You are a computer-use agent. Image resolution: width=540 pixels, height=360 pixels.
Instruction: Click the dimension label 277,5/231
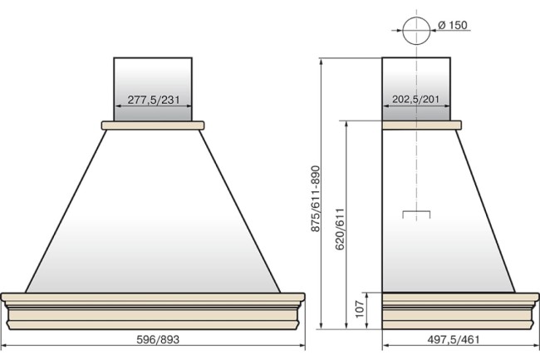(154, 100)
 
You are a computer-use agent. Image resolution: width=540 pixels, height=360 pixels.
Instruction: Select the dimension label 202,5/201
(415, 99)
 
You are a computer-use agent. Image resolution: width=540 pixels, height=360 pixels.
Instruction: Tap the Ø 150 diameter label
(453, 25)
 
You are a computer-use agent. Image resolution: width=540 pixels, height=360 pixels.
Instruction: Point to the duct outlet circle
(416, 17)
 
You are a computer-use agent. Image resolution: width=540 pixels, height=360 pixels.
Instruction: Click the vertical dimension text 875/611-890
(316, 199)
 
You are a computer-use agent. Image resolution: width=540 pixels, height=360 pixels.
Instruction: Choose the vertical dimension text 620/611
(340, 229)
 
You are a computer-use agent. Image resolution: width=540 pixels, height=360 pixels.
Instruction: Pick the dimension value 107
(359, 309)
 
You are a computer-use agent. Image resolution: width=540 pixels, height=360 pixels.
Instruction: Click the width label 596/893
(158, 340)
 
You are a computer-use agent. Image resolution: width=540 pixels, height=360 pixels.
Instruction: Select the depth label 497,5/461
(454, 340)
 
